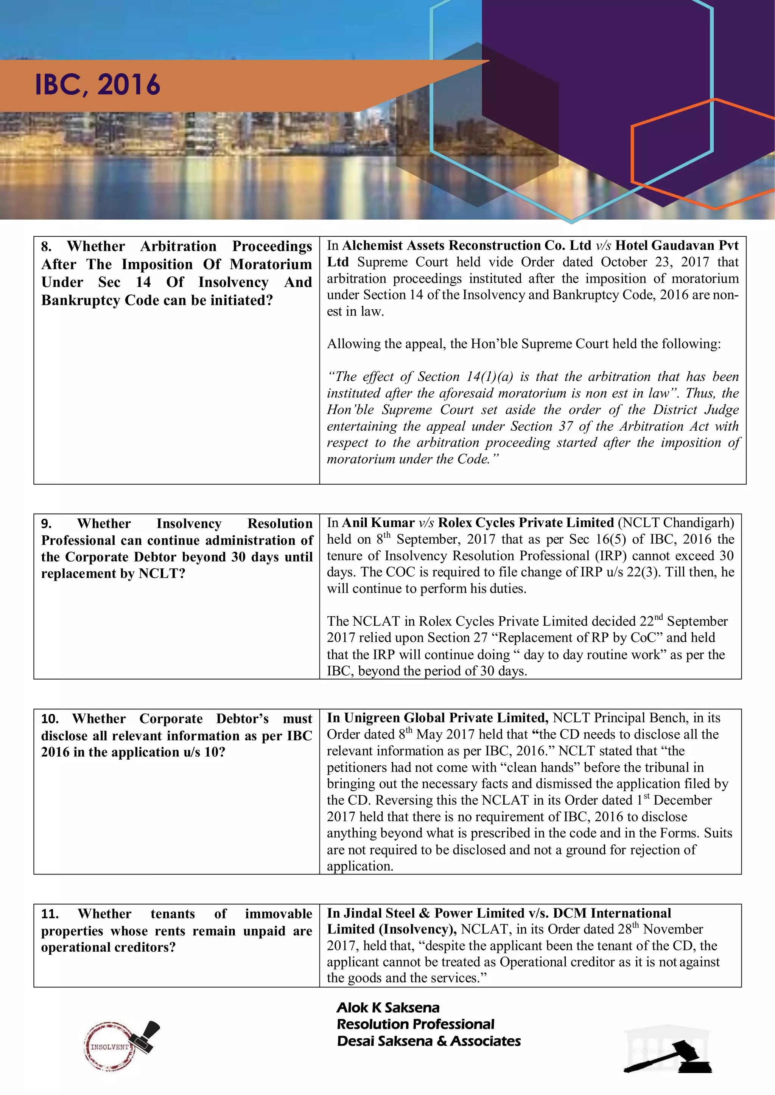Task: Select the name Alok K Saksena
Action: pyautogui.click(x=387, y=1008)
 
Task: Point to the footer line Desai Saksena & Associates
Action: pyautogui.click(x=428, y=1041)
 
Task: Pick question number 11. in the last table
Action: pyautogui.click(x=50, y=914)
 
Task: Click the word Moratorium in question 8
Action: pyautogui.click(x=271, y=264)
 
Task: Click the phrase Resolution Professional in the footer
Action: pyautogui.click(x=415, y=1024)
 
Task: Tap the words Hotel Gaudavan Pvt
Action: pyautogui.click(x=676, y=246)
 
